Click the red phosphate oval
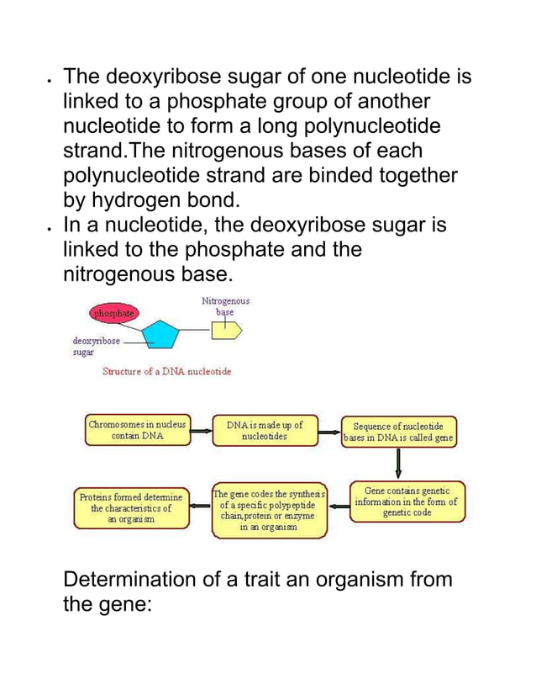(x=115, y=313)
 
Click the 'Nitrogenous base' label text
(x=225, y=306)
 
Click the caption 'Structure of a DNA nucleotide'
(x=166, y=371)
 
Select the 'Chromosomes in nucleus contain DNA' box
(x=137, y=431)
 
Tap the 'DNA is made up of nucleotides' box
(x=264, y=431)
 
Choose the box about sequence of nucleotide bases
(x=398, y=432)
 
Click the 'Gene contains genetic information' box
(x=406, y=501)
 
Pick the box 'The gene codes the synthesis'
(x=270, y=508)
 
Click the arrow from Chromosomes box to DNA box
(x=200, y=431)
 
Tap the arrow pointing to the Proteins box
(x=199, y=507)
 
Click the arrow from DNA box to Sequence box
(x=326, y=431)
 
